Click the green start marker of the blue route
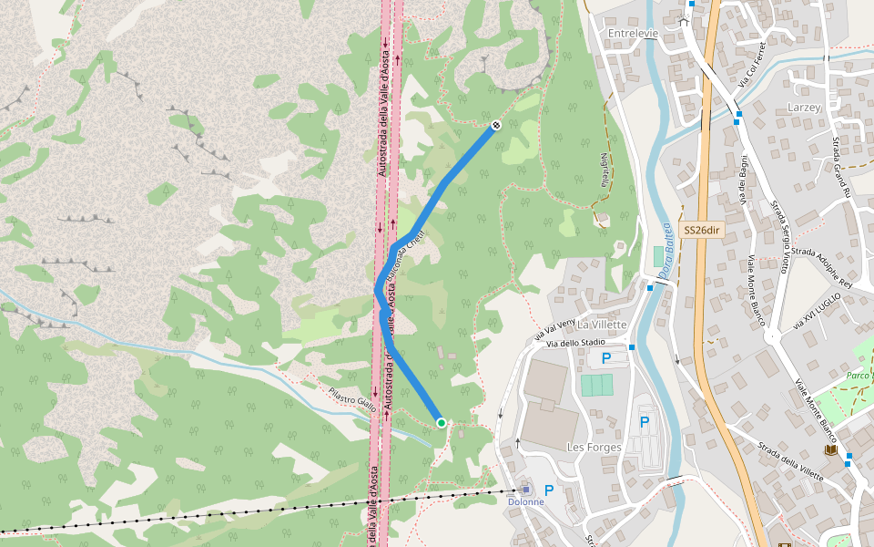click(x=442, y=422)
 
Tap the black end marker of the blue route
click(x=496, y=125)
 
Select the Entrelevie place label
click(x=633, y=33)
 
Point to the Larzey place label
click(x=804, y=108)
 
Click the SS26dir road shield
click(x=702, y=230)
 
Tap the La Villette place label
click(x=603, y=325)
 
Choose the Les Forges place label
click(x=594, y=447)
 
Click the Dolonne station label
click(x=525, y=501)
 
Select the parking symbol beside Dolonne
click(x=549, y=490)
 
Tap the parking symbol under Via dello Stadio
click(x=606, y=358)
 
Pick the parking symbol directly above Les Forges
click(x=645, y=421)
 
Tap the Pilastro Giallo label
click(x=352, y=400)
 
